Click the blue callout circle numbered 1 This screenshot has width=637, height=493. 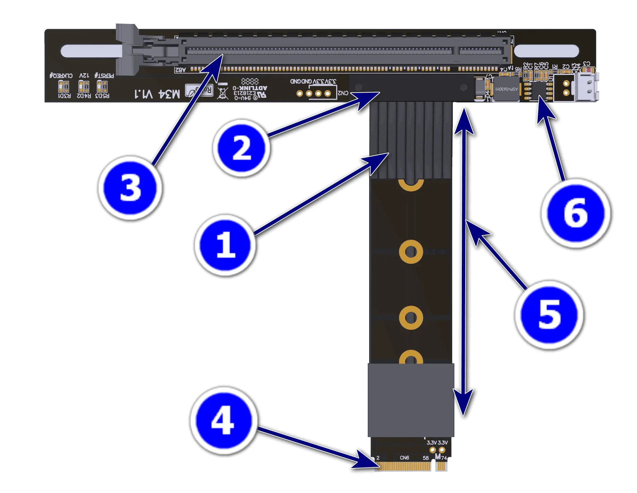coord(226,245)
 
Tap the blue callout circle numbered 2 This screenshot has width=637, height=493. coord(241,148)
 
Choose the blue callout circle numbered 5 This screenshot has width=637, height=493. coord(549,315)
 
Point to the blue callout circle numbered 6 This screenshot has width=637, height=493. coord(576,213)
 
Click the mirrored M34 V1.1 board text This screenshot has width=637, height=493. coord(158,94)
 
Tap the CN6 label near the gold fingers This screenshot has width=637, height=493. coord(404,458)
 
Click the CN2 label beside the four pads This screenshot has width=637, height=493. coord(343,93)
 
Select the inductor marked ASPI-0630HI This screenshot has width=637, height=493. coord(506,89)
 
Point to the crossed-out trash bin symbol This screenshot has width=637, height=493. coord(223,93)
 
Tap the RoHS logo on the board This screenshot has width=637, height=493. coord(199,91)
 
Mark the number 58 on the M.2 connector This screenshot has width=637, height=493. coord(426,458)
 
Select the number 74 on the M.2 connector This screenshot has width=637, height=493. coord(444,458)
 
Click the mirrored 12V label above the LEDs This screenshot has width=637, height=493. coord(84,75)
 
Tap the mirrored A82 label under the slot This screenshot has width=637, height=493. coord(180,70)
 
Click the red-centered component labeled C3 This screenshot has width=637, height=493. coord(587,70)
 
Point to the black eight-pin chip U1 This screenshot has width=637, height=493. coord(538,90)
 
